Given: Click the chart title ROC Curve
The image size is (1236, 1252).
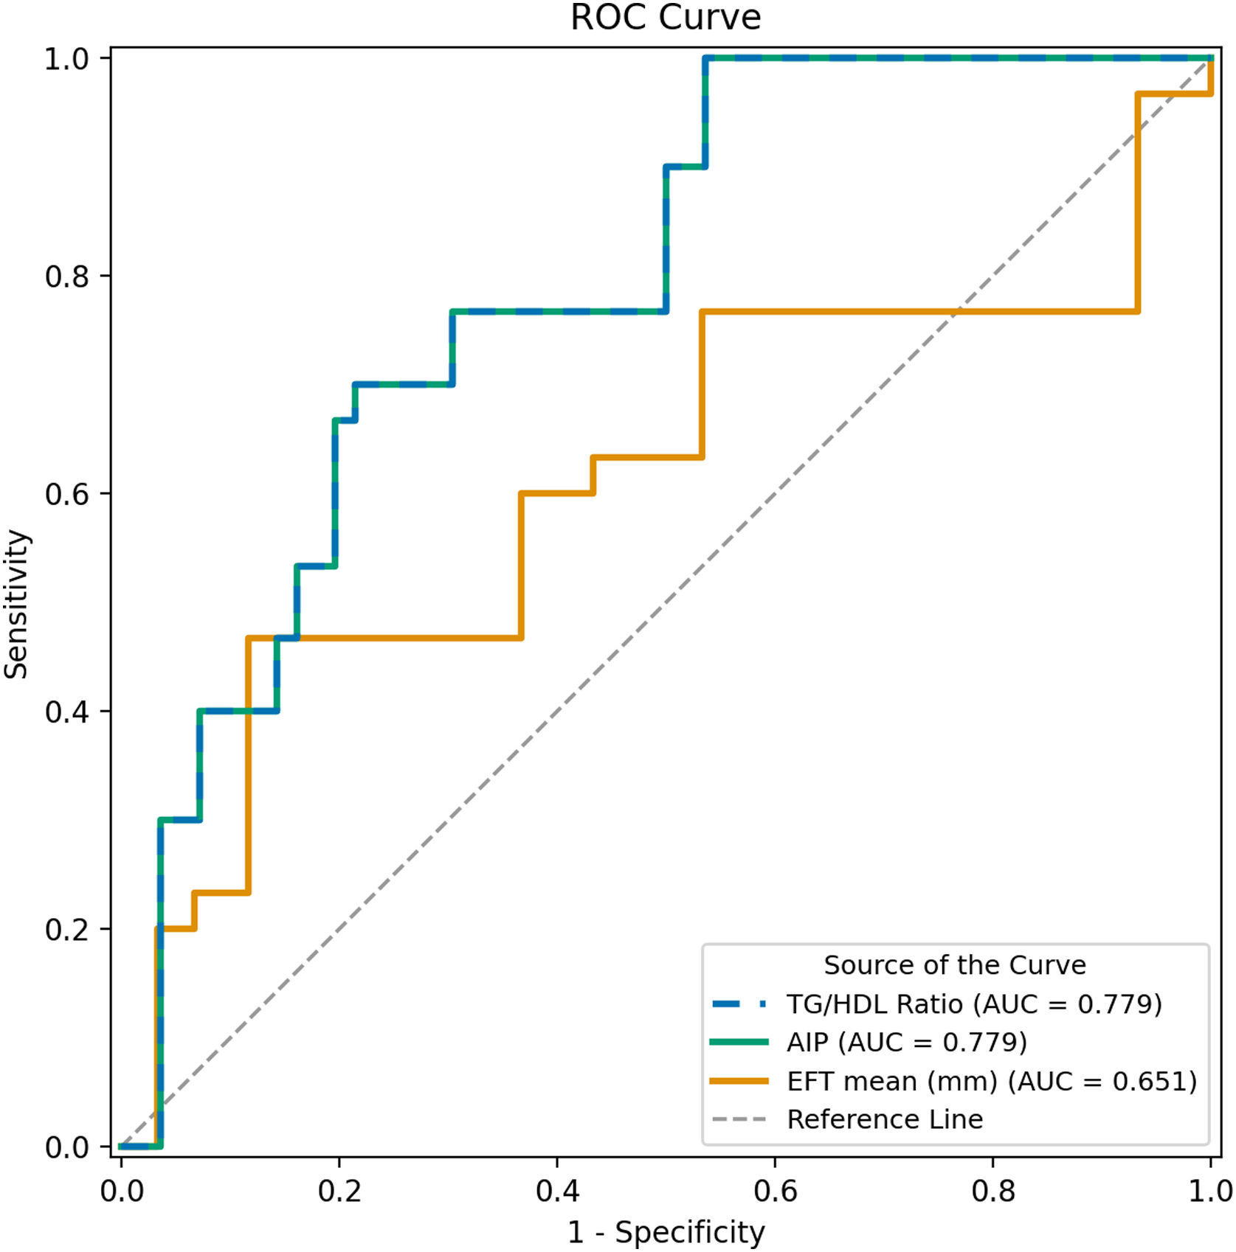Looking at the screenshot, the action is [666, 17].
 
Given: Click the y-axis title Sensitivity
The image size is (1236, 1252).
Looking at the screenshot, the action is [16, 604].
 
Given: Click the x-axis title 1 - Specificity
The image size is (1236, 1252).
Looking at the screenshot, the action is [666, 1232].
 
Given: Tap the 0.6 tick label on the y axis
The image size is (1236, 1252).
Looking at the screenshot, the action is [67, 493].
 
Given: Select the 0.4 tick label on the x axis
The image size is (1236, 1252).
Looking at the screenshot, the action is [557, 1191].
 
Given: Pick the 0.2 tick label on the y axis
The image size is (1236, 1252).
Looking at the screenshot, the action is [67, 929].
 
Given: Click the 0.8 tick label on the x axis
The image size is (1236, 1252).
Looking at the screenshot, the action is [992, 1191].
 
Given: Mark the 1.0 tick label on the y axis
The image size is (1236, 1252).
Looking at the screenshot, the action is [67, 58].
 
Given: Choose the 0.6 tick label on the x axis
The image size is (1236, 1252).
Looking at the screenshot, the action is [775, 1191].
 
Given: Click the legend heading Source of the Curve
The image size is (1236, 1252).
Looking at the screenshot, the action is [955, 964].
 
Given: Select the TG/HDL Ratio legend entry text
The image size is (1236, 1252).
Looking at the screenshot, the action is [975, 1004].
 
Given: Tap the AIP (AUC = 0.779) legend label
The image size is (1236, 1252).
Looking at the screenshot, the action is [907, 1043].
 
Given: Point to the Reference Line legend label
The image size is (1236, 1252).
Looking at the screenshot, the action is [885, 1119].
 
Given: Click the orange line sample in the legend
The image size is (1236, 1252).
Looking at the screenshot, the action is [739, 1082].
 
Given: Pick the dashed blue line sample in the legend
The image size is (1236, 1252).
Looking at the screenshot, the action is [739, 1004].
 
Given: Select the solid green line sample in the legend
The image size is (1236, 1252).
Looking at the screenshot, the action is [739, 1043].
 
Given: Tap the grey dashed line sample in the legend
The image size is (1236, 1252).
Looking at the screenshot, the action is [739, 1120].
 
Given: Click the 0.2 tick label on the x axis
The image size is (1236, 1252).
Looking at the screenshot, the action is [339, 1191].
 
